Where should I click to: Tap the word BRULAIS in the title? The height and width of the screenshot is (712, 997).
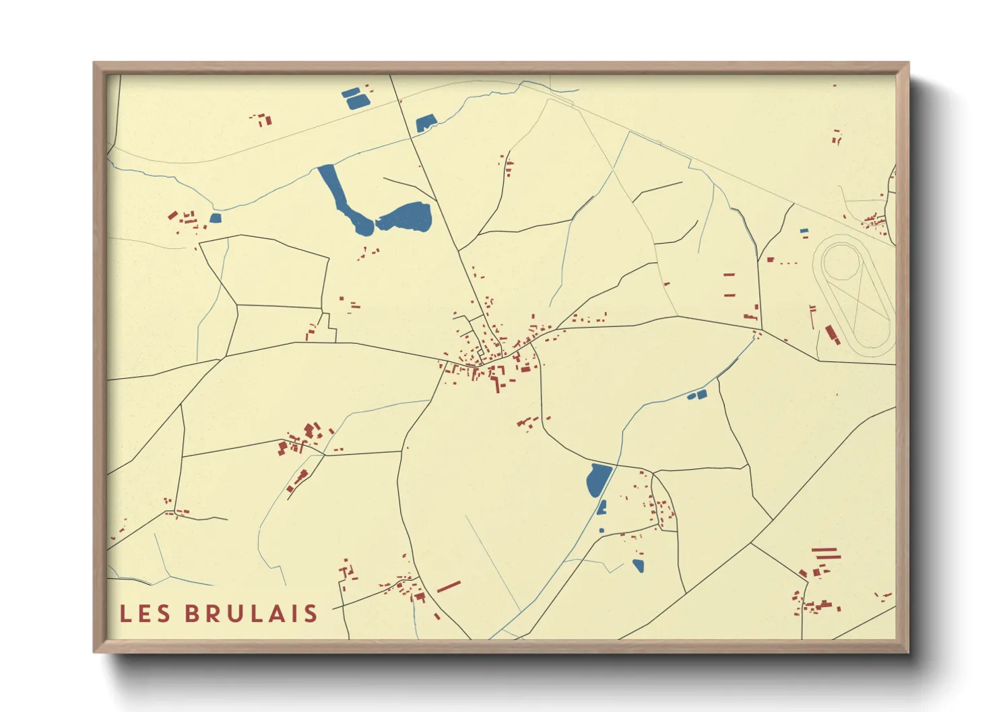click(x=251, y=614)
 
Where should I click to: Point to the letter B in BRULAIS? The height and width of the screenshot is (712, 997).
click(x=192, y=614)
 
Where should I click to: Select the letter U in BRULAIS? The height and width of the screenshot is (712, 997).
click(x=236, y=614)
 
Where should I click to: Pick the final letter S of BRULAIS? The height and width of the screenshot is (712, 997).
click(x=311, y=614)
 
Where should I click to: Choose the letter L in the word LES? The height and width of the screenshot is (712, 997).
click(x=125, y=614)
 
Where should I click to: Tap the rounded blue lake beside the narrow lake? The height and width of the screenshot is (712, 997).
click(x=406, y=217)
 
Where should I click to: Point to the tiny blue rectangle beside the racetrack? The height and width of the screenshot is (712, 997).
click(x=804, y=232)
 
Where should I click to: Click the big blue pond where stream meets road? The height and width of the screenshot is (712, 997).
click(x=598, y=480)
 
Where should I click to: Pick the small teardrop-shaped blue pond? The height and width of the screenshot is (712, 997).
click(x=638, y=566)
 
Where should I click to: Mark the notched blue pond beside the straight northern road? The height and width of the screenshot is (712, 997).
click(x=425, y=123)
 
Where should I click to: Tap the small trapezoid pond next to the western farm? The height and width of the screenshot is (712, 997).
click(x=216, y=218)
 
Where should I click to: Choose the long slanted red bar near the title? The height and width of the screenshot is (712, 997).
click(x=449, y=587)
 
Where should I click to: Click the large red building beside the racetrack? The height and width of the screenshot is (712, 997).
click(x=832, y=334)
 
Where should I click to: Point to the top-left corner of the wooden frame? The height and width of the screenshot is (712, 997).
click(x=94, y=63)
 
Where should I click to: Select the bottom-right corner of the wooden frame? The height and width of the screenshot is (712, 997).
click(x=908, y=651)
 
